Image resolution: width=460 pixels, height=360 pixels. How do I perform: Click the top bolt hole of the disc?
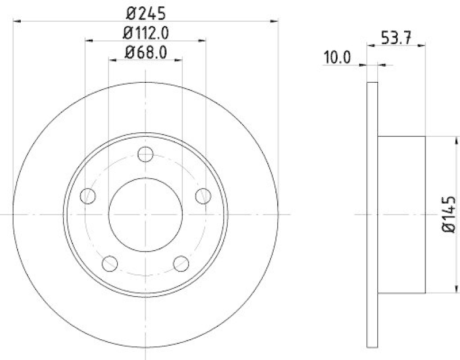tap(145, 154)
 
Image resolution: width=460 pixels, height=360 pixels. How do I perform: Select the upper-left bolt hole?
tap(87, 196)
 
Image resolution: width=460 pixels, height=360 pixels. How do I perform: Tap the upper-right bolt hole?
tap(203, 196)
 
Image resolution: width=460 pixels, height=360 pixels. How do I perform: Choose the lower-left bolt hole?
tap(109, 264)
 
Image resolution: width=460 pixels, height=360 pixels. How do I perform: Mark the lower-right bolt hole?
tap(181, 264)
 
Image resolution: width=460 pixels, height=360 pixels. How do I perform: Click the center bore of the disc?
tap(145, 215)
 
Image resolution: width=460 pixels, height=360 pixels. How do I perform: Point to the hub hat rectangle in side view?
tap(401, 214)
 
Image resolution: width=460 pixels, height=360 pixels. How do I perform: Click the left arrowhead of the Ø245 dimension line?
tap(16, 21)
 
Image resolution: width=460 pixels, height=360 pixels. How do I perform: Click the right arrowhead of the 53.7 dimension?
tap(422, 45)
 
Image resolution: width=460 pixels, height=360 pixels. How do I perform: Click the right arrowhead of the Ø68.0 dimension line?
tap(179, 60)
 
